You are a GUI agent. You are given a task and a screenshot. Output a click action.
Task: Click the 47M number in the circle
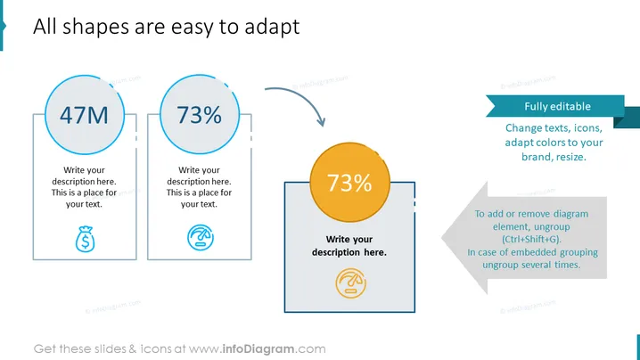pos(84,115)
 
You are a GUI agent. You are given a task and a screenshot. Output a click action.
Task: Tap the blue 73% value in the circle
pos(199,115)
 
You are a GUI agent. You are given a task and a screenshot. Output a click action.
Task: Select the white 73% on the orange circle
pos(349,183)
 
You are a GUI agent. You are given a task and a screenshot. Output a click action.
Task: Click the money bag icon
pos(85,239)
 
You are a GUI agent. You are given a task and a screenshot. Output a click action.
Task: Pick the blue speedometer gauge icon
pos(201,238)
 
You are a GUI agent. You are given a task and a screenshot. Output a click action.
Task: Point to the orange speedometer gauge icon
pos(350,283)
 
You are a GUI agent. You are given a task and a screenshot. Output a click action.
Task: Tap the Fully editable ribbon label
pos(558,107)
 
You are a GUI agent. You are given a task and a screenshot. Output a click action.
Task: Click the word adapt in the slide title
pos(272,28)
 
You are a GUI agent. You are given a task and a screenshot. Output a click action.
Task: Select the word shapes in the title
pos(95,28)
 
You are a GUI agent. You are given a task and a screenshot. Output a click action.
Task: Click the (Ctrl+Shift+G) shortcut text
pos(531,239)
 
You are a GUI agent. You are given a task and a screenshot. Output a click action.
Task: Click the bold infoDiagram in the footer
pos(258,349)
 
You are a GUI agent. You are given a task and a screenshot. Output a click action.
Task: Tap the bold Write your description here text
pos(349,246)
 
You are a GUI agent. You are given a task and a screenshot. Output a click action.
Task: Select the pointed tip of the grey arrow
pos(442,238)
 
